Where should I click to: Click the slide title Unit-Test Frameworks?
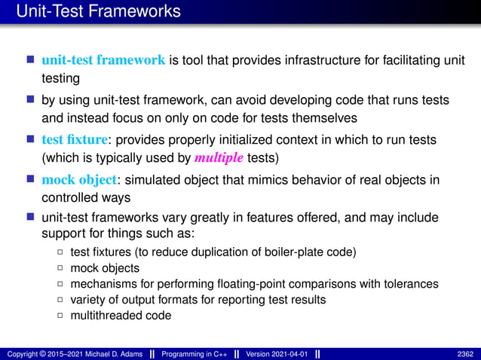98,12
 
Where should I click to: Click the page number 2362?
465,353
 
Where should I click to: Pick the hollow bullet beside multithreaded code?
60,315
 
